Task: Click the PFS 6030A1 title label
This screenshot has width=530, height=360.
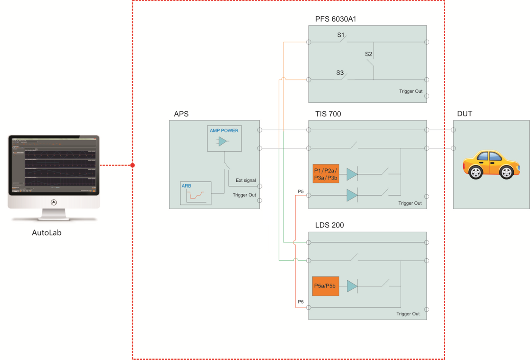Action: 336,19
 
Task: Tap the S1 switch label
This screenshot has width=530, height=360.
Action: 341,35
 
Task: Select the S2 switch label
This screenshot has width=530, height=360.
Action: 369,54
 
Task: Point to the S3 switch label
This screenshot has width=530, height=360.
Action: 340,73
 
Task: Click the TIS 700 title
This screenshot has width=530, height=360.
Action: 328,114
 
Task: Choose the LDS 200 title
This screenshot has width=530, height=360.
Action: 329,225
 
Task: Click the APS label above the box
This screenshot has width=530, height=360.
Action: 181,114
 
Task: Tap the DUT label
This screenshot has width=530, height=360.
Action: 464,114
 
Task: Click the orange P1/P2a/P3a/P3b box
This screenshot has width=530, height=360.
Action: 325,174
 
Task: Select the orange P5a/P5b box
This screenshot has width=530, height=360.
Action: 325,286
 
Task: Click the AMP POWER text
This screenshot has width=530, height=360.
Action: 224,130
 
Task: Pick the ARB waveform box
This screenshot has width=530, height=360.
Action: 195,193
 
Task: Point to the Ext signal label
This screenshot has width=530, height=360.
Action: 245,180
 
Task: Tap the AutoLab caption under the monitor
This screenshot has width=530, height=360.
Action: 46,233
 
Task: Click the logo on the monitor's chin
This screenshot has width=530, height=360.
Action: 54,202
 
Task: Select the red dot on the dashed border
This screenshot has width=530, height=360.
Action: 132,165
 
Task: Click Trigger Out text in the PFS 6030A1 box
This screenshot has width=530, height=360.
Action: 411,91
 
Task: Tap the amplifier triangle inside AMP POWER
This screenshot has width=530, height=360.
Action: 223,141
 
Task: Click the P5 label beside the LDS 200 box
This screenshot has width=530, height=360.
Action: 301,302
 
